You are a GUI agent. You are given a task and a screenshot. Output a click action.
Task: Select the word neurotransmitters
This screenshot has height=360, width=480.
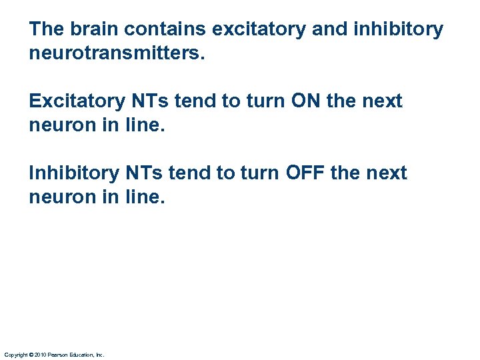[117, 53]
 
